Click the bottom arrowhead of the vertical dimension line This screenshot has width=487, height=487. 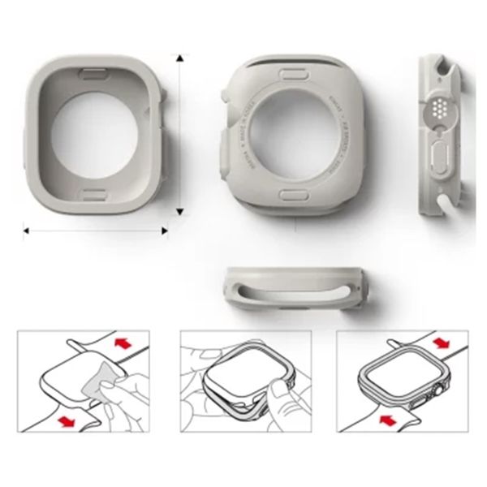click(179, 212)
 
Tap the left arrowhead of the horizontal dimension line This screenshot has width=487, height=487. click(26, 231)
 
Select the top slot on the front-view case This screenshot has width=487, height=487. click(95, 71)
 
